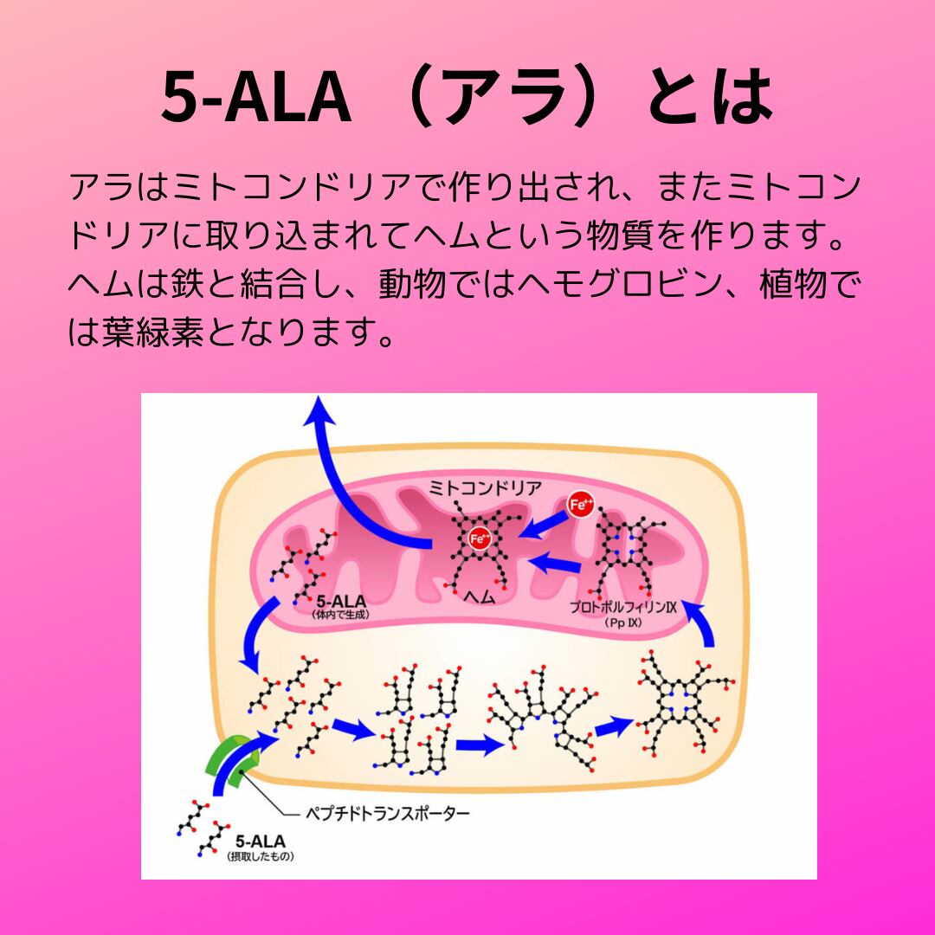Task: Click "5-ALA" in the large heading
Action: [255, 97]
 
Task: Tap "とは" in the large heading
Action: [709, 97]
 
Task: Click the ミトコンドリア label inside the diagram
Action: [487, 488]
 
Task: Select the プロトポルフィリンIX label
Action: [622, 607]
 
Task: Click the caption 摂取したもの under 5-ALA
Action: [261, 856]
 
